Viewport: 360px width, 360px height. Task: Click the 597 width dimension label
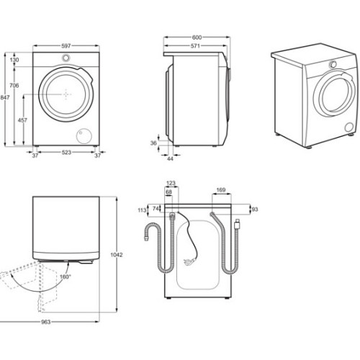(x=66, y=46)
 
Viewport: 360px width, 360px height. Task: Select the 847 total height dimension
(x=5, y=97)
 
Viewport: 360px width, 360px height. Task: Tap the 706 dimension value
(x=14, y=85)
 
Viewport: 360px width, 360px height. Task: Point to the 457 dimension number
(x=22, y=120)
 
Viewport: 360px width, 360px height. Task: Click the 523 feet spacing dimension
(x=66, y=152)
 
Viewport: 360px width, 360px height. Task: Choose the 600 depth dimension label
(x=197, y=37)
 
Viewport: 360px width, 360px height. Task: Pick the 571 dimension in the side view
(x=195, y=45)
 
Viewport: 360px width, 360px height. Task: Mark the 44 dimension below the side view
(x=170, y=159)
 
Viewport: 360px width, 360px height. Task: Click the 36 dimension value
(x=153, y=143)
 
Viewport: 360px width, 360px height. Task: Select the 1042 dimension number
(x=117, y=255)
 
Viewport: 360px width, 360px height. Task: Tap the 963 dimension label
(x=45, y=322)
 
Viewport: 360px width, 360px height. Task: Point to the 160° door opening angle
(x=66, y=276)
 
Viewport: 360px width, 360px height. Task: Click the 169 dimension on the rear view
(x=221, y=190)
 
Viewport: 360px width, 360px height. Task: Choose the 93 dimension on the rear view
(x=255, y=210)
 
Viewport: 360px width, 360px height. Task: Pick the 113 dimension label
(x=142, y=210)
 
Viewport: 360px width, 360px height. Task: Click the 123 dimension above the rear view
(x=171, y=184)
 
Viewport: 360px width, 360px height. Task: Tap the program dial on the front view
(x=66, y=58)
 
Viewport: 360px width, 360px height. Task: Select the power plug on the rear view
(x=187, y=261)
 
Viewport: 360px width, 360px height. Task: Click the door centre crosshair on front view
(x=66, y=94)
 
